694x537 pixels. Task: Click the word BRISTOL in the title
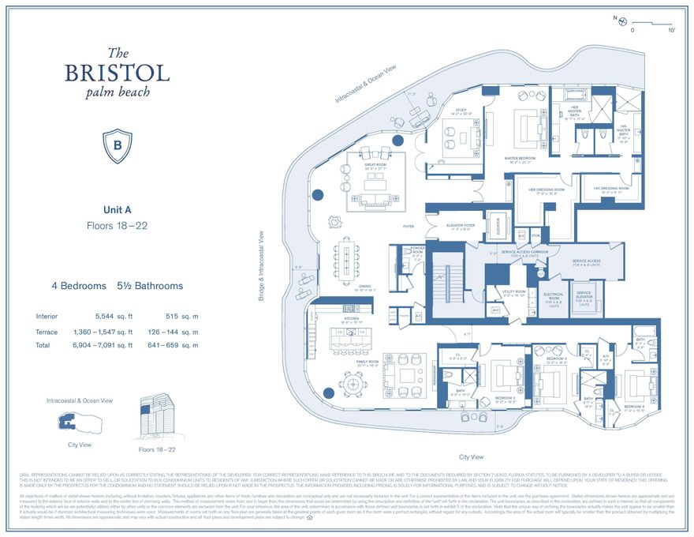[118, 73]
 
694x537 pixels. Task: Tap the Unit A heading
[118, 209]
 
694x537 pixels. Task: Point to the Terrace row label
[47, 331]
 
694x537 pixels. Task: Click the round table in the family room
[349, 385]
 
